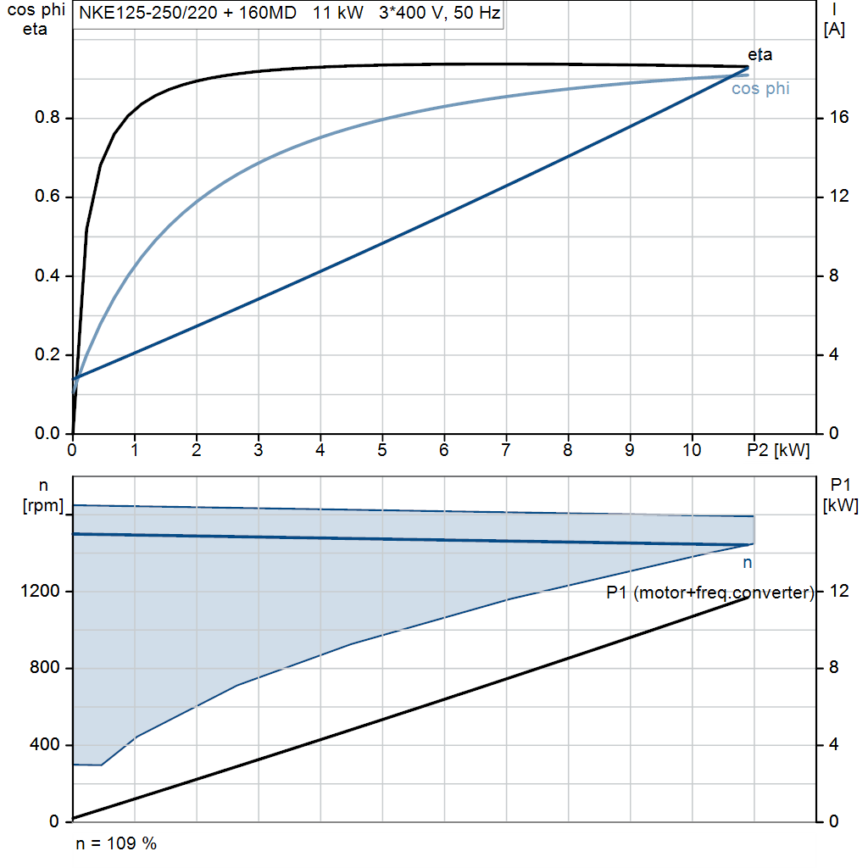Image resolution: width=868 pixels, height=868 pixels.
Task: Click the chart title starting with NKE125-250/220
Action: pyautogui.click(x=290, y=13)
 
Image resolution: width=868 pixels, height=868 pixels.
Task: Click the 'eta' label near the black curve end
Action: pyautogui.click(x=759, y=55)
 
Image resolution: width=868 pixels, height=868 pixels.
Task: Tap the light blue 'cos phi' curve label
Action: pyautogui.click(x=760, y=88)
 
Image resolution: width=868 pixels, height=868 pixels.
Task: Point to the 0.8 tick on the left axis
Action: pyautogui.click(x=47, y=117)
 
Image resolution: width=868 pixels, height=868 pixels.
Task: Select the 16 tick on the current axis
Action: pyautogui.click(x=838, y=117)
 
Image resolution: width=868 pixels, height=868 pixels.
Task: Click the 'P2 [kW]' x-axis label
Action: pyautogui.click(x=778, y=450)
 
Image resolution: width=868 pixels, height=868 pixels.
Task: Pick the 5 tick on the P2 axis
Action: pyautogui.click(x=382, y=450)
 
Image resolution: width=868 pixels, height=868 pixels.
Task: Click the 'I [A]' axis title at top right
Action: pyautogui.click(x=834, y=20)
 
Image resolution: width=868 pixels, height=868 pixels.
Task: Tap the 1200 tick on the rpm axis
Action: pyautogui.click(x=40, y=591)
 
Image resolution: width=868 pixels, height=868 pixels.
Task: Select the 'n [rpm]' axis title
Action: pyautogui.click(x=42, y=496)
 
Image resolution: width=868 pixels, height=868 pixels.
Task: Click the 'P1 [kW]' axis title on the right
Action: pyautogui.click(x=840, y=495)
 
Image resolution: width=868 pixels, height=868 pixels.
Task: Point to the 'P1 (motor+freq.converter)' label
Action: pyautogui.click(x=710, y=593)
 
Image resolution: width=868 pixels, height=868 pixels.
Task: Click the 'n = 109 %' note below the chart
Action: pyautogui.click(x=116, y=843)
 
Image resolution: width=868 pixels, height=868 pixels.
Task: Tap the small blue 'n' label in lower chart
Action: pyautogui.click(x=748, y=563)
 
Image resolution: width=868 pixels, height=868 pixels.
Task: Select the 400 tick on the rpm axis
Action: pyautogui.click(x=44, y=744)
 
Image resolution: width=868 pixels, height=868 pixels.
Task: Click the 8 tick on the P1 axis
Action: pyautogui.click(x=834, y=668)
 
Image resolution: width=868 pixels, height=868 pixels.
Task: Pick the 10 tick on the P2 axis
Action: pyautogui.click(x=692, y=450)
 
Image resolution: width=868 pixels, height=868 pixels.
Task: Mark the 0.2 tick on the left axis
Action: pyautogui.click(x=47, y=354)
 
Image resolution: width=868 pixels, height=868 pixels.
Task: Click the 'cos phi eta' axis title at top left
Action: pyautogui.click(x=36, y=19)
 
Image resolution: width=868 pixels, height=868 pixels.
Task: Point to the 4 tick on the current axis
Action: pyautogui.click(x=834, y=354)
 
